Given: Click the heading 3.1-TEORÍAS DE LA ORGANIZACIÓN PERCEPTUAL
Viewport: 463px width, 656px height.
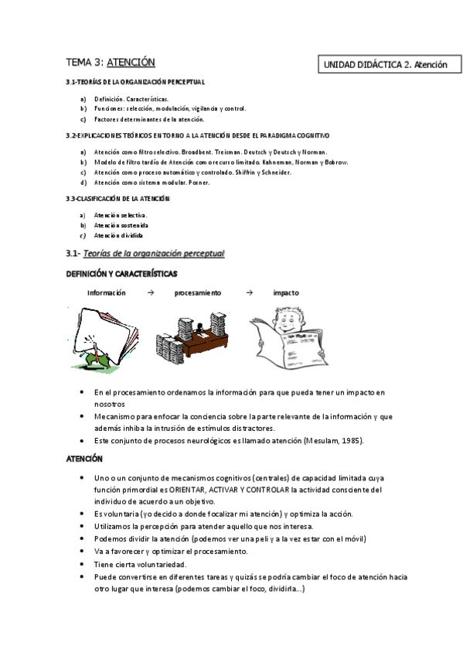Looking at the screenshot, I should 135,82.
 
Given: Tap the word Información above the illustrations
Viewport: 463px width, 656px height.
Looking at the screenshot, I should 106,293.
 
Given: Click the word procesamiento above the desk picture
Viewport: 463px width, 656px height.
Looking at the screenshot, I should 198,293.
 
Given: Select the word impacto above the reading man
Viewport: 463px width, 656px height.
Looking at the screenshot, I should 285,293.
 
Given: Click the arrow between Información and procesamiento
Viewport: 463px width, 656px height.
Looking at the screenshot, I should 151,293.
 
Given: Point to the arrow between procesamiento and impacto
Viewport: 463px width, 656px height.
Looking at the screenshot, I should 248,293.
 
